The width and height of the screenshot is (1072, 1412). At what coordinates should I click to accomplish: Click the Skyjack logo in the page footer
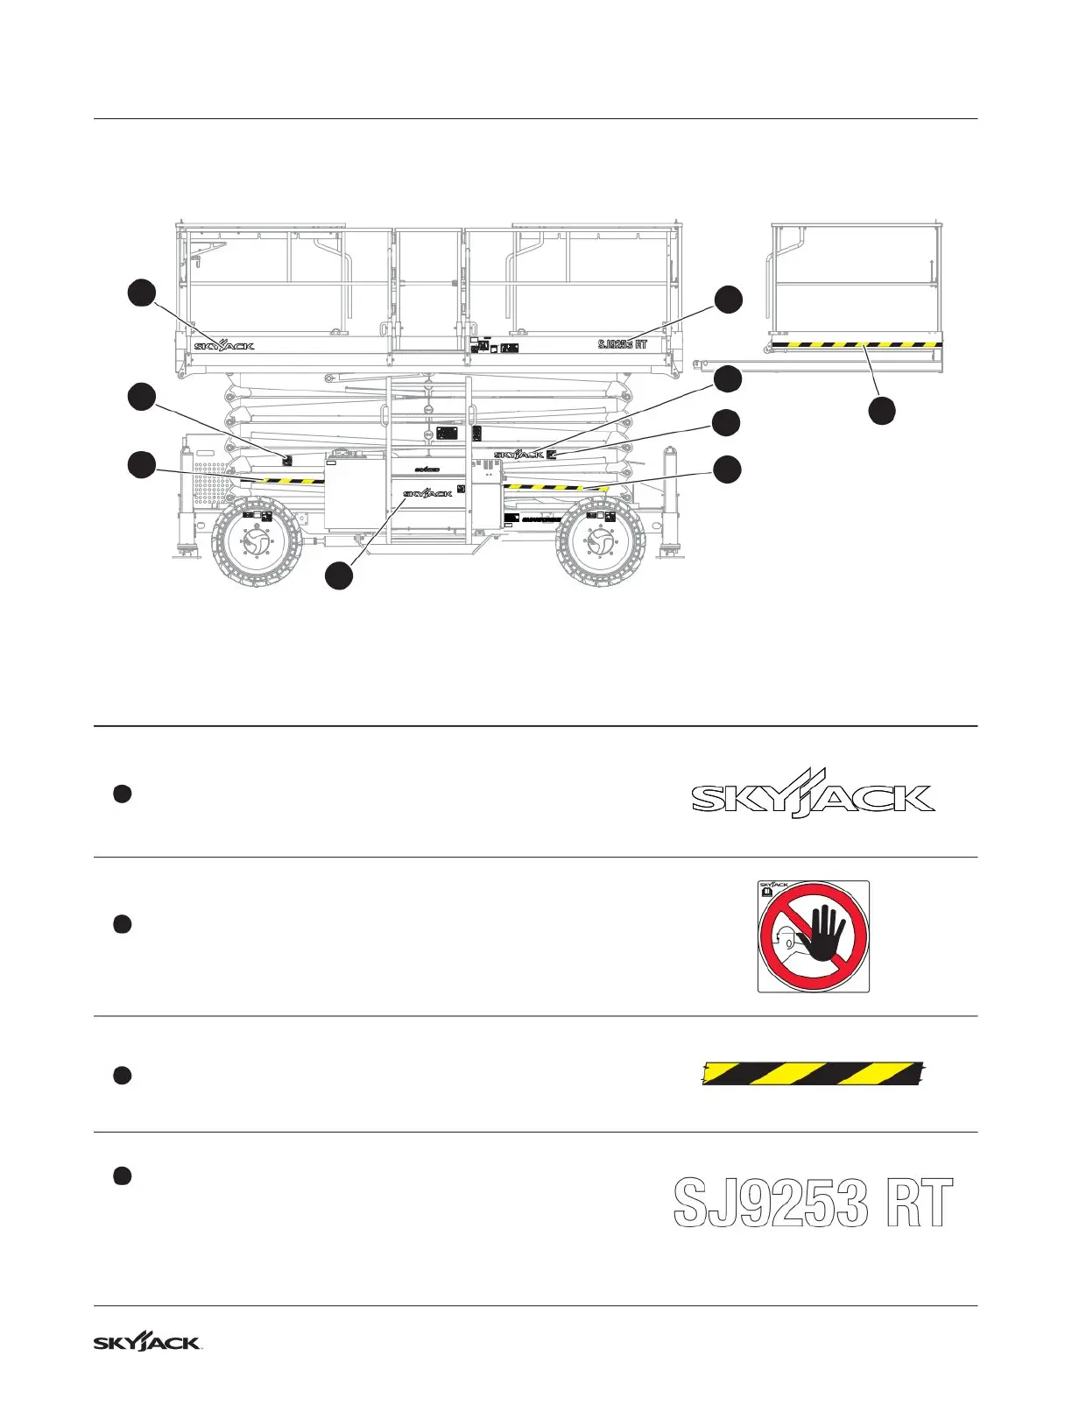pos(147,1342)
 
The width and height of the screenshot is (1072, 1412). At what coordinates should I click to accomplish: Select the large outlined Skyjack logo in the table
pos(813,798)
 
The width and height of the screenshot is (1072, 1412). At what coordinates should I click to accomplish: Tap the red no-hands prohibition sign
pos(813,936)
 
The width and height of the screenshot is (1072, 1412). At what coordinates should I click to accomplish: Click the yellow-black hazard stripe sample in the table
pos(814,1073)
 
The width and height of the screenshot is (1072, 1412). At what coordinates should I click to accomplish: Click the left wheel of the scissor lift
pos(257,543)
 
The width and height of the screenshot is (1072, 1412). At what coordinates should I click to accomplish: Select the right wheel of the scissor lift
pos(602,543)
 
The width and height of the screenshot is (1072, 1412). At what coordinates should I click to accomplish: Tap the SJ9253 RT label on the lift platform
pos(622,344)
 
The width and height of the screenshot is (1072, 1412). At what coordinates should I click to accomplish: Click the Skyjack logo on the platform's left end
pos(224,345)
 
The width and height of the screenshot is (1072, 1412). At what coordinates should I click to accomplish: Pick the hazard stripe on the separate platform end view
pos(857,344)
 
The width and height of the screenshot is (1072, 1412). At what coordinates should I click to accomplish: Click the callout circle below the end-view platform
pos(882,411)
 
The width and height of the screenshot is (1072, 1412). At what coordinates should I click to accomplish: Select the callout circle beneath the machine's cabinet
pos(339,575)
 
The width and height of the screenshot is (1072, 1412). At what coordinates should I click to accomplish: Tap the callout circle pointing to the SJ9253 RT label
pos(728,300)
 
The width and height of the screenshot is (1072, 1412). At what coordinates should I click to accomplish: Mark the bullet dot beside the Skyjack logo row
pos(123,794)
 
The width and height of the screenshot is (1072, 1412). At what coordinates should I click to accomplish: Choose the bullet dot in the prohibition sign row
pos(123,924)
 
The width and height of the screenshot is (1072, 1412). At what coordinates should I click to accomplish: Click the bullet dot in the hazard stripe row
pos(123,1076)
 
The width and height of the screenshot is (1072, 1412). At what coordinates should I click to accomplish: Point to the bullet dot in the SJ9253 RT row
pos(123,1175)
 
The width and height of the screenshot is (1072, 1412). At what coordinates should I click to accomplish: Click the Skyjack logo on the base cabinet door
pos(427,494)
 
